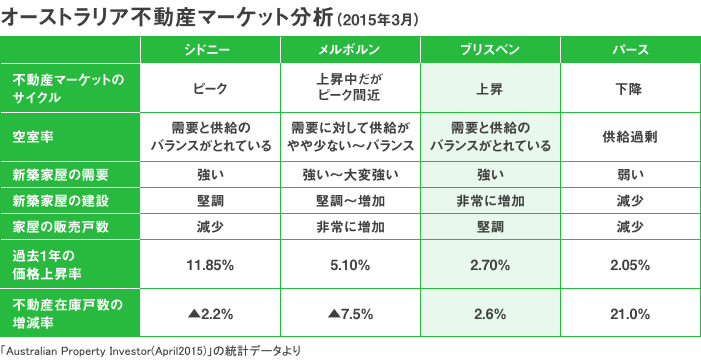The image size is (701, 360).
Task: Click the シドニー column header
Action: coord(210,51)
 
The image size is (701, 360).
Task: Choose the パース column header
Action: coord(629,51)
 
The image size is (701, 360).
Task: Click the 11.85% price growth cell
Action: coord(210,265)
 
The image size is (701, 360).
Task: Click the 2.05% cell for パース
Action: coord(629,265)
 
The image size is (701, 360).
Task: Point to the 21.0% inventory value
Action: coord(629,314)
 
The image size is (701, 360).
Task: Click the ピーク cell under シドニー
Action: coord(210,88)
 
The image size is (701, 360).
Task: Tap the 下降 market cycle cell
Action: coord(629,88)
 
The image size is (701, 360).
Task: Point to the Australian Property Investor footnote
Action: coord(150,350)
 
